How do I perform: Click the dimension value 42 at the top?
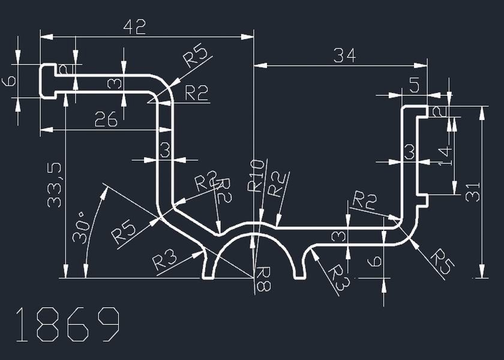(134, 27)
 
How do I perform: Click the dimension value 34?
(344, 56)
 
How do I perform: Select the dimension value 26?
(106, 120)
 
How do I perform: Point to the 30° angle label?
(80, 226)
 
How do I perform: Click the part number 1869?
(67, 325)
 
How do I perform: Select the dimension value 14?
(444, 154)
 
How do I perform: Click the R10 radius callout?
(256, 176)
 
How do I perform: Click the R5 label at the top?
(197, 56)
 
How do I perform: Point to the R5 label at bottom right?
(441, 257)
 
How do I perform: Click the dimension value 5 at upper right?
(413, 85)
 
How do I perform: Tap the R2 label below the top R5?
(196, 93)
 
